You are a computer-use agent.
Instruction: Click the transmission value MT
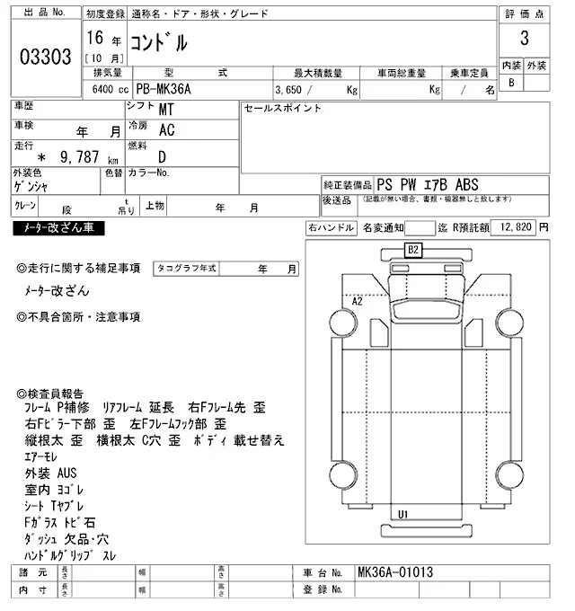click(x=166, y=110)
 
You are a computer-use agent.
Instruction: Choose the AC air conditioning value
click(x=166, y=130)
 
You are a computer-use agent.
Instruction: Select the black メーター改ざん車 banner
click(x=58, y=229)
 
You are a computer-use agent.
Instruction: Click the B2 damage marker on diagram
click(x=413, y=249)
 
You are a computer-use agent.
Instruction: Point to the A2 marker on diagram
click(x=357, y=301)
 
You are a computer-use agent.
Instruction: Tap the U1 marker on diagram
click(x=403, y=513)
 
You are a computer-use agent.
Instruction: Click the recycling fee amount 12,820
click(x=513, y=228)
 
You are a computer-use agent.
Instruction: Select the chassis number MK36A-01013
click(x=394, y=571)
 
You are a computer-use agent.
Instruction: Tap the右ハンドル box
click(x=330, y=228)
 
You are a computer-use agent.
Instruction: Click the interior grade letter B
click(x=512, y=83)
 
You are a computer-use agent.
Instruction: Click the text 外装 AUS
click(x=51, y=473)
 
